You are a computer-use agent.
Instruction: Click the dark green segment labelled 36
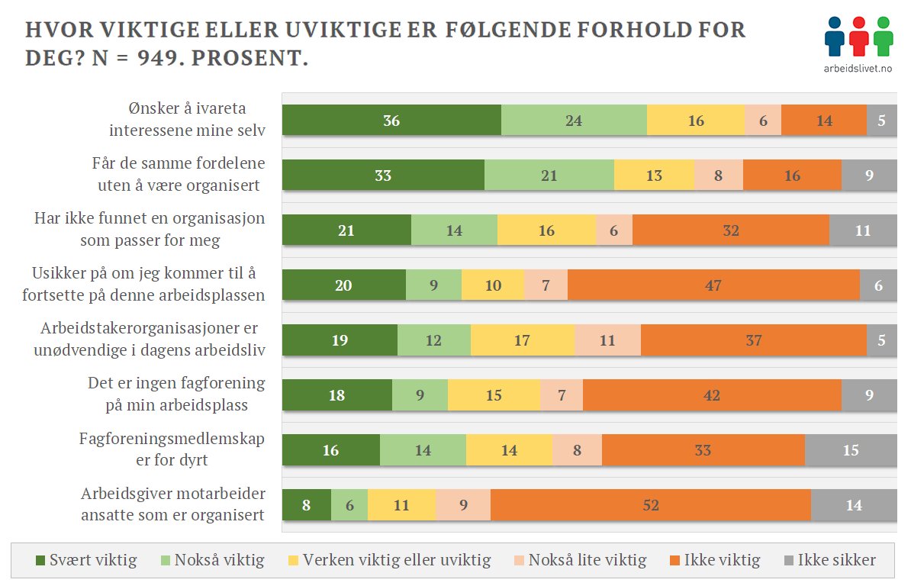click(391, 121)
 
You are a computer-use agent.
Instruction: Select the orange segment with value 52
click(650, 505)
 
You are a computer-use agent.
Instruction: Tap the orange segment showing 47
click(713, 285)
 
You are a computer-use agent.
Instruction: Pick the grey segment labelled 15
click(851, 450)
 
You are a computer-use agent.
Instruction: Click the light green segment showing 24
click(574, 121)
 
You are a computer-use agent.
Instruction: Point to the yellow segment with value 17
click(522, 340)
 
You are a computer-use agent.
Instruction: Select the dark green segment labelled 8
click(306, 505)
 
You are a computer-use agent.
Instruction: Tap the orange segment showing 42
click(712, 395)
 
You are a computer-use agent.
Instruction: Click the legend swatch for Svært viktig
click(40, 561)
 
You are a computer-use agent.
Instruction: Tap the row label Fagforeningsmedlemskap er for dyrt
click(172, 449)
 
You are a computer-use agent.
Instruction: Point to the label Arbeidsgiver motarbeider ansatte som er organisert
click(172, 504)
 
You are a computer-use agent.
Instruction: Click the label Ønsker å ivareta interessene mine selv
click(187, 120)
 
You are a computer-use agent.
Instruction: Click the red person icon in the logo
click(858, 36)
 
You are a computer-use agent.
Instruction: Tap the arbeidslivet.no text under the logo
click(858, 68)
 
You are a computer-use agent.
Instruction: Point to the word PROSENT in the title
click(247, 59)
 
